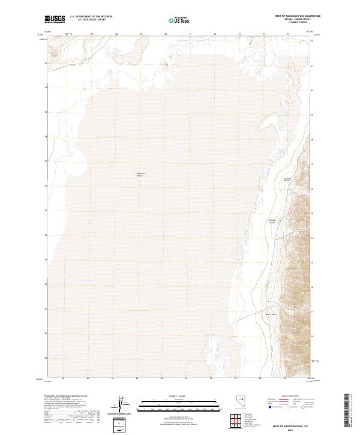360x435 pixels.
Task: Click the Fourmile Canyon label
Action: click(287, 179)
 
